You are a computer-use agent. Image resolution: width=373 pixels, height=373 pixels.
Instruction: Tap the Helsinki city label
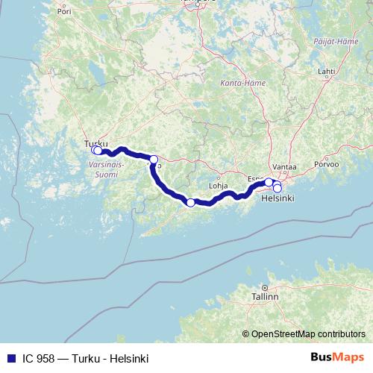278,198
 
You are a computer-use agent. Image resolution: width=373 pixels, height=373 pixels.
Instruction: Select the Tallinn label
265,296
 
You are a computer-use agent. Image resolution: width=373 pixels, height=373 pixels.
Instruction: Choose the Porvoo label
327,163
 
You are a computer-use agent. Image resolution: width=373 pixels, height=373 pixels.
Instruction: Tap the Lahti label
326,71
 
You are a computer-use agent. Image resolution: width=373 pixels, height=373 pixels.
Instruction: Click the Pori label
64,12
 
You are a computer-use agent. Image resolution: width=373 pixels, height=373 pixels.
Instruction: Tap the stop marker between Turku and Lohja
154,159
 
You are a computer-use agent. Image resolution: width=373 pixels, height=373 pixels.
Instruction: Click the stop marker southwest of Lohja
190,203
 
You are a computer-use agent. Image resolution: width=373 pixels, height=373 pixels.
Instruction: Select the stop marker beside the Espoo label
269,182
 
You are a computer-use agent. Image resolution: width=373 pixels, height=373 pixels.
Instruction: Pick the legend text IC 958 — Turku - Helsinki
85,358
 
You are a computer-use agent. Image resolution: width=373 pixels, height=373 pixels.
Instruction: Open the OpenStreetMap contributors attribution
304,333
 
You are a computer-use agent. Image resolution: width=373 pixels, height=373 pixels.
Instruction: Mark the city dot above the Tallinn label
264,287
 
